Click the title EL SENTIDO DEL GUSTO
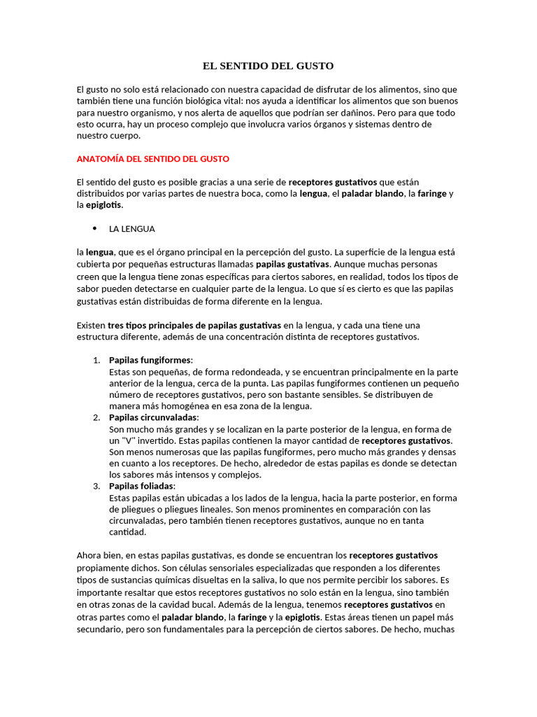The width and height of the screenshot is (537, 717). [268, 66]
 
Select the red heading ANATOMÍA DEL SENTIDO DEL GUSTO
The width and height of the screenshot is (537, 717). [152, 159]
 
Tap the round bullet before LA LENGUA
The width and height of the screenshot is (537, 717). [94, 228]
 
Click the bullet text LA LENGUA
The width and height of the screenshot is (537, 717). [132, 229]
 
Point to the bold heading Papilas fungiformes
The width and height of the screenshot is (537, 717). [150, 360]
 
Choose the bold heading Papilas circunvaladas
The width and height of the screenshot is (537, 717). [153, 417]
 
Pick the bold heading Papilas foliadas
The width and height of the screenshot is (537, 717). [142, 486]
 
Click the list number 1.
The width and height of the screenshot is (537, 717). [96, 360]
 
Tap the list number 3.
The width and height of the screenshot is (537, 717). [96, 486]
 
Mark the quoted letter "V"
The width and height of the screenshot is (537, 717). [130, 440]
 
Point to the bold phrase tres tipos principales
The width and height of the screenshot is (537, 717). [153, 326]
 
